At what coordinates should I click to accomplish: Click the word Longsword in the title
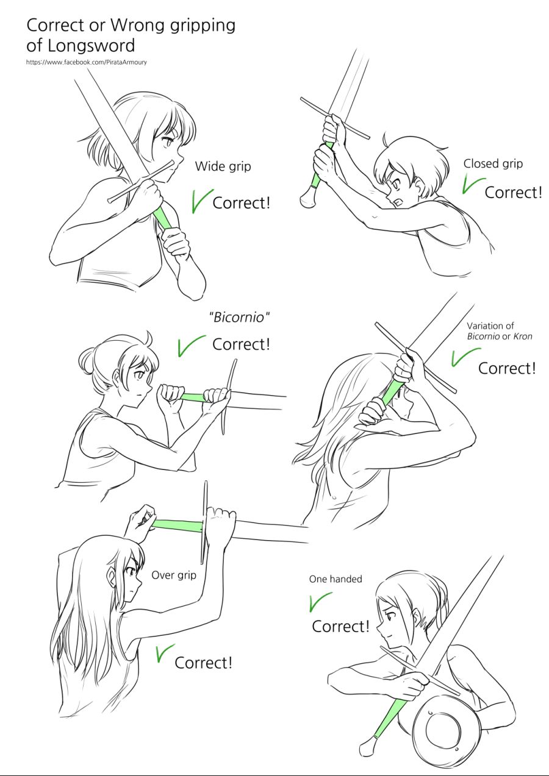(x=91, y=45)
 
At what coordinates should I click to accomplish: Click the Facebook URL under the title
(x=86, y=62)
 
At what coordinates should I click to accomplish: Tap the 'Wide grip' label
(x=223, y=166)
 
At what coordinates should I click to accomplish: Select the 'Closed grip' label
(x=493, y=164)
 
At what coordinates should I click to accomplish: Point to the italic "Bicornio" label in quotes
(x=240, y=317)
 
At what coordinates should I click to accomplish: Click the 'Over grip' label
(x=174, y=575)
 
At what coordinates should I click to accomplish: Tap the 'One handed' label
(x=335, y=579)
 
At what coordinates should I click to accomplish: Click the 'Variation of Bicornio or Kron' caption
(x=499, y=331)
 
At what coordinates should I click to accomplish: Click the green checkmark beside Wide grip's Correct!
(x=202, y=200)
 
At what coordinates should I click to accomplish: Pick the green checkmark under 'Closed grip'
(x=473, y=185)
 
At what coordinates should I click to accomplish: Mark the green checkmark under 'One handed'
(x=320, y=602)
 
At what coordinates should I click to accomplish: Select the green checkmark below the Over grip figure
(x=165, y=653)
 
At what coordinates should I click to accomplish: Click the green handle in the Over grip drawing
(x=177, y=526)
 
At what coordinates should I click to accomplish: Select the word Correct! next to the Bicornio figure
(x=241, y=344)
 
